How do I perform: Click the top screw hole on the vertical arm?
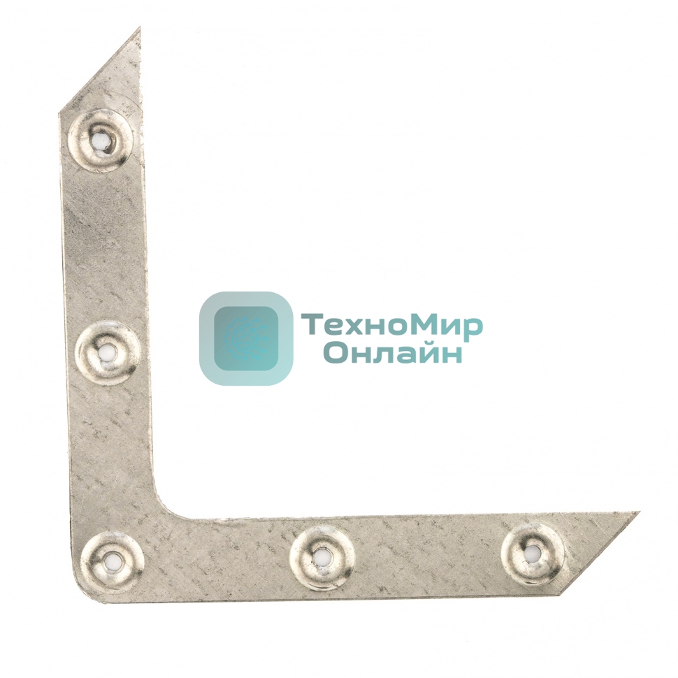(x=101, y=141)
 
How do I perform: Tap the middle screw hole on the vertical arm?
(x=106, y=353)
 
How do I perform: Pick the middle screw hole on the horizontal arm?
(x=322, y=556)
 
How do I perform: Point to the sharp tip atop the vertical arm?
(x=140, y=27)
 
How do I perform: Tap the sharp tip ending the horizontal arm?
(x=639, y=512)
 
